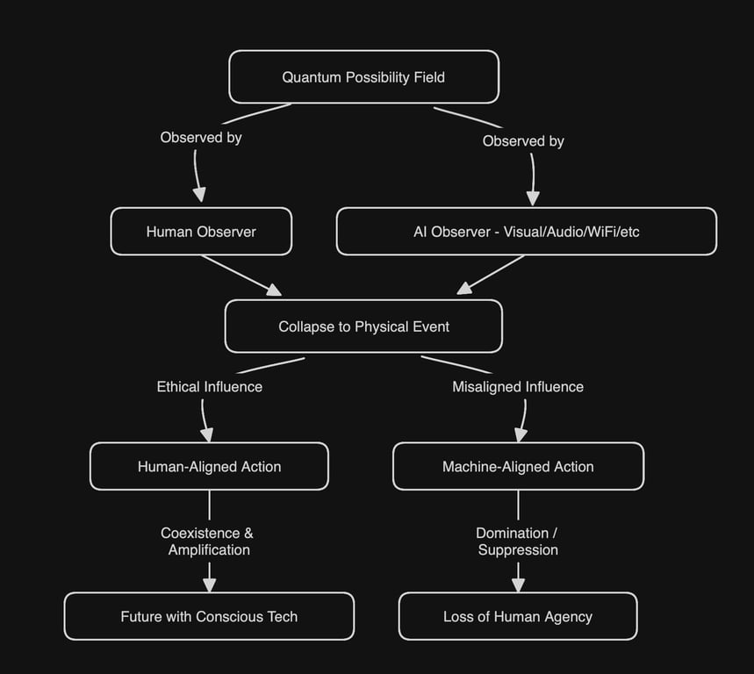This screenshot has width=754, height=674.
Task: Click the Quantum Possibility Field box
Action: [363, 77]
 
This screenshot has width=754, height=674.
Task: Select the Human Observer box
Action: [201, 232]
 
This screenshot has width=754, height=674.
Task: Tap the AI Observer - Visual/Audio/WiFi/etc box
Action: [526, 232]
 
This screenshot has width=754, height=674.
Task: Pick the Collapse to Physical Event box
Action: [363, 326]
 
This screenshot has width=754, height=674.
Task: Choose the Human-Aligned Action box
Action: [209, 467]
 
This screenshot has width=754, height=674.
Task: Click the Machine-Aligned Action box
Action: [518, 467]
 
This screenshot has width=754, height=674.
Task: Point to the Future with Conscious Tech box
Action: [209, 617]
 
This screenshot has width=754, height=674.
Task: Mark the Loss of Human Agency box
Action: [518, 617]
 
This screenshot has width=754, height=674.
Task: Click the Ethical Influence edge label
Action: [209, 386]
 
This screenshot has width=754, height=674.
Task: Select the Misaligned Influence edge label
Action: [518, 386]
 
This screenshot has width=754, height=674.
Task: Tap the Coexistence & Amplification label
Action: [209, 541]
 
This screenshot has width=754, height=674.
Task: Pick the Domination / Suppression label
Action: [518, 541]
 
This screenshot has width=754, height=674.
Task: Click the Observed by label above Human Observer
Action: [201, 137]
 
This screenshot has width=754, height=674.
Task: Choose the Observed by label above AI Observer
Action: [523, 140]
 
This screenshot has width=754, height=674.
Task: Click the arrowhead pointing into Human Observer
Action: [199, 196]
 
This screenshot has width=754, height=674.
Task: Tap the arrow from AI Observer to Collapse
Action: [492, 274]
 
